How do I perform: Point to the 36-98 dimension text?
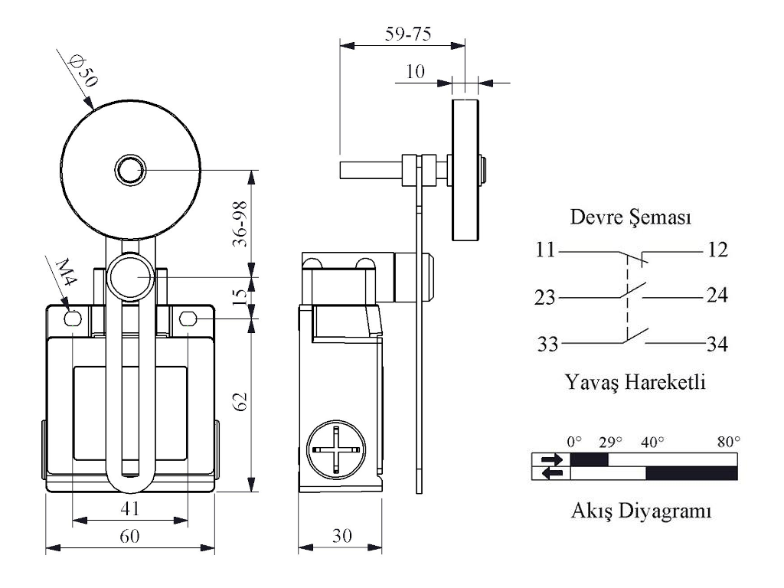click(x=240, y=224)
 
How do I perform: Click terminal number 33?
click(x=547, y=345)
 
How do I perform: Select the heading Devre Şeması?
click(x=632, y=217)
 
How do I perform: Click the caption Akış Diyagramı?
click(x=641, y=510)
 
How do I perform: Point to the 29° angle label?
click(x=610, y=442)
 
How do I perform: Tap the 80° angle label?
click(x=728, y=442)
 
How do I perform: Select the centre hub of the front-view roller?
click(x=130, y=170)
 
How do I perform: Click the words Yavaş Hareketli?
click(x=635, y=381)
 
